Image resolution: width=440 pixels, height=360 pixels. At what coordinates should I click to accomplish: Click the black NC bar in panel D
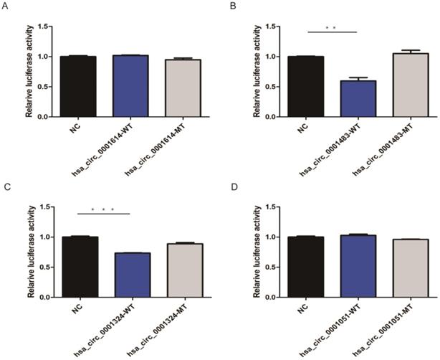coord(300,267)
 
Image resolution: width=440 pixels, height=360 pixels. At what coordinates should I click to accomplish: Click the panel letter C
coord(5,188)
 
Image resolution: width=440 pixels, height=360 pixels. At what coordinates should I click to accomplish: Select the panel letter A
coord(5,5)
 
